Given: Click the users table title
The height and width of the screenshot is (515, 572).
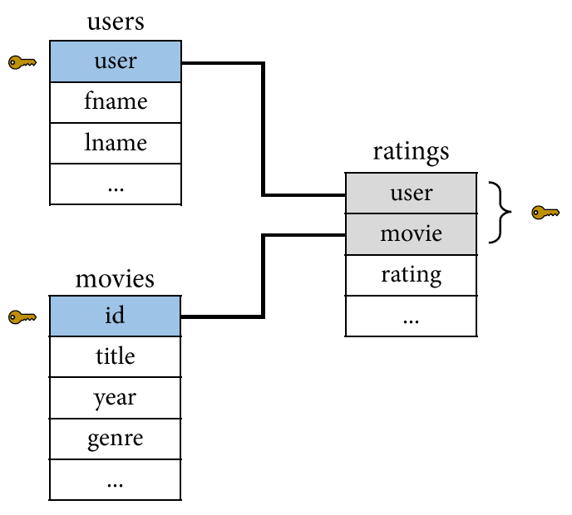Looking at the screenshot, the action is click(116, 22).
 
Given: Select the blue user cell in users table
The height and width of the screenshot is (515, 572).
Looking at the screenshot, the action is click(116, 61).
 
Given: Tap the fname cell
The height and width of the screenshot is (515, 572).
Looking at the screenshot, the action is click(116, 102).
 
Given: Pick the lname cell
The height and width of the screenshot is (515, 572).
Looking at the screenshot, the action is click(116, 143).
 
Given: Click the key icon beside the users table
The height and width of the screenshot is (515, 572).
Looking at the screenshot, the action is click(22, 62).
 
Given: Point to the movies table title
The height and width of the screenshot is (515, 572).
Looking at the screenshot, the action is click(115, 280).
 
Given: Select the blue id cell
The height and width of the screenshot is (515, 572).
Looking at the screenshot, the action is click(115, 316).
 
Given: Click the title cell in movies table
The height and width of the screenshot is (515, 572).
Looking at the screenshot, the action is click(115, 356).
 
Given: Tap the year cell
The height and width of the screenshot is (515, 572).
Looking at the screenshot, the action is click(115, 398).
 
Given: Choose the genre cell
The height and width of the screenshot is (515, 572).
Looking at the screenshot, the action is click(115, 439).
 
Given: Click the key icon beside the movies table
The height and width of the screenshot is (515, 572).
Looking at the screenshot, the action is click(22, 317).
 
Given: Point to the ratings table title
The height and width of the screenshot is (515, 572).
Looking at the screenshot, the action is click(411, 152).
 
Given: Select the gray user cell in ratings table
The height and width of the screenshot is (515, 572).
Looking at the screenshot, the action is click(411, 194).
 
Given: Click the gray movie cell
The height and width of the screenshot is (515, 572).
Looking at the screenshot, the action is click(411, 234).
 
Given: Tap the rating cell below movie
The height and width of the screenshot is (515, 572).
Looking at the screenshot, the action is click(411, 275).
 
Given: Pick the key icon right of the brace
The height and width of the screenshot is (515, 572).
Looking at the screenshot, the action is click(545, 213).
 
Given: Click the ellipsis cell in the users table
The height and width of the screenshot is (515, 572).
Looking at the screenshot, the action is click(116, 184).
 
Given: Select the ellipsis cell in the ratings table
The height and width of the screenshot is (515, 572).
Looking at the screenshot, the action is click(411, 316).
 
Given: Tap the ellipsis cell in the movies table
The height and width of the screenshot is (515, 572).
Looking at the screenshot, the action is click(115, 479).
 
